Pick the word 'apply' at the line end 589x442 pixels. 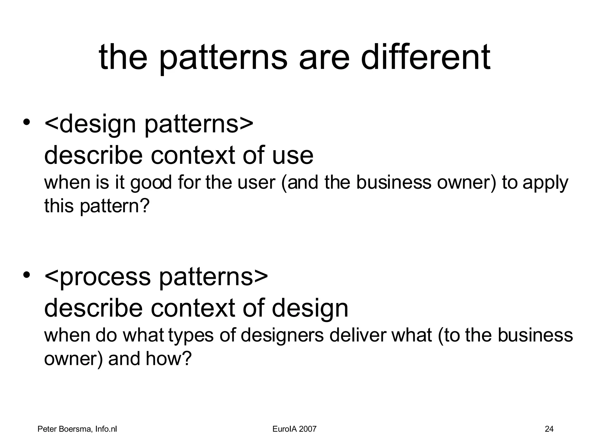point(545,183)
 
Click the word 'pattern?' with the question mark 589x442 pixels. point(115,206)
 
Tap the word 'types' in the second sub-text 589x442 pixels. point(191,336)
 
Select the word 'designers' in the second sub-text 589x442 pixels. point(282,336)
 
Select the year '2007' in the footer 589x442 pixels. point(307,429)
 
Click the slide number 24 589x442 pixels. point(549,429)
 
